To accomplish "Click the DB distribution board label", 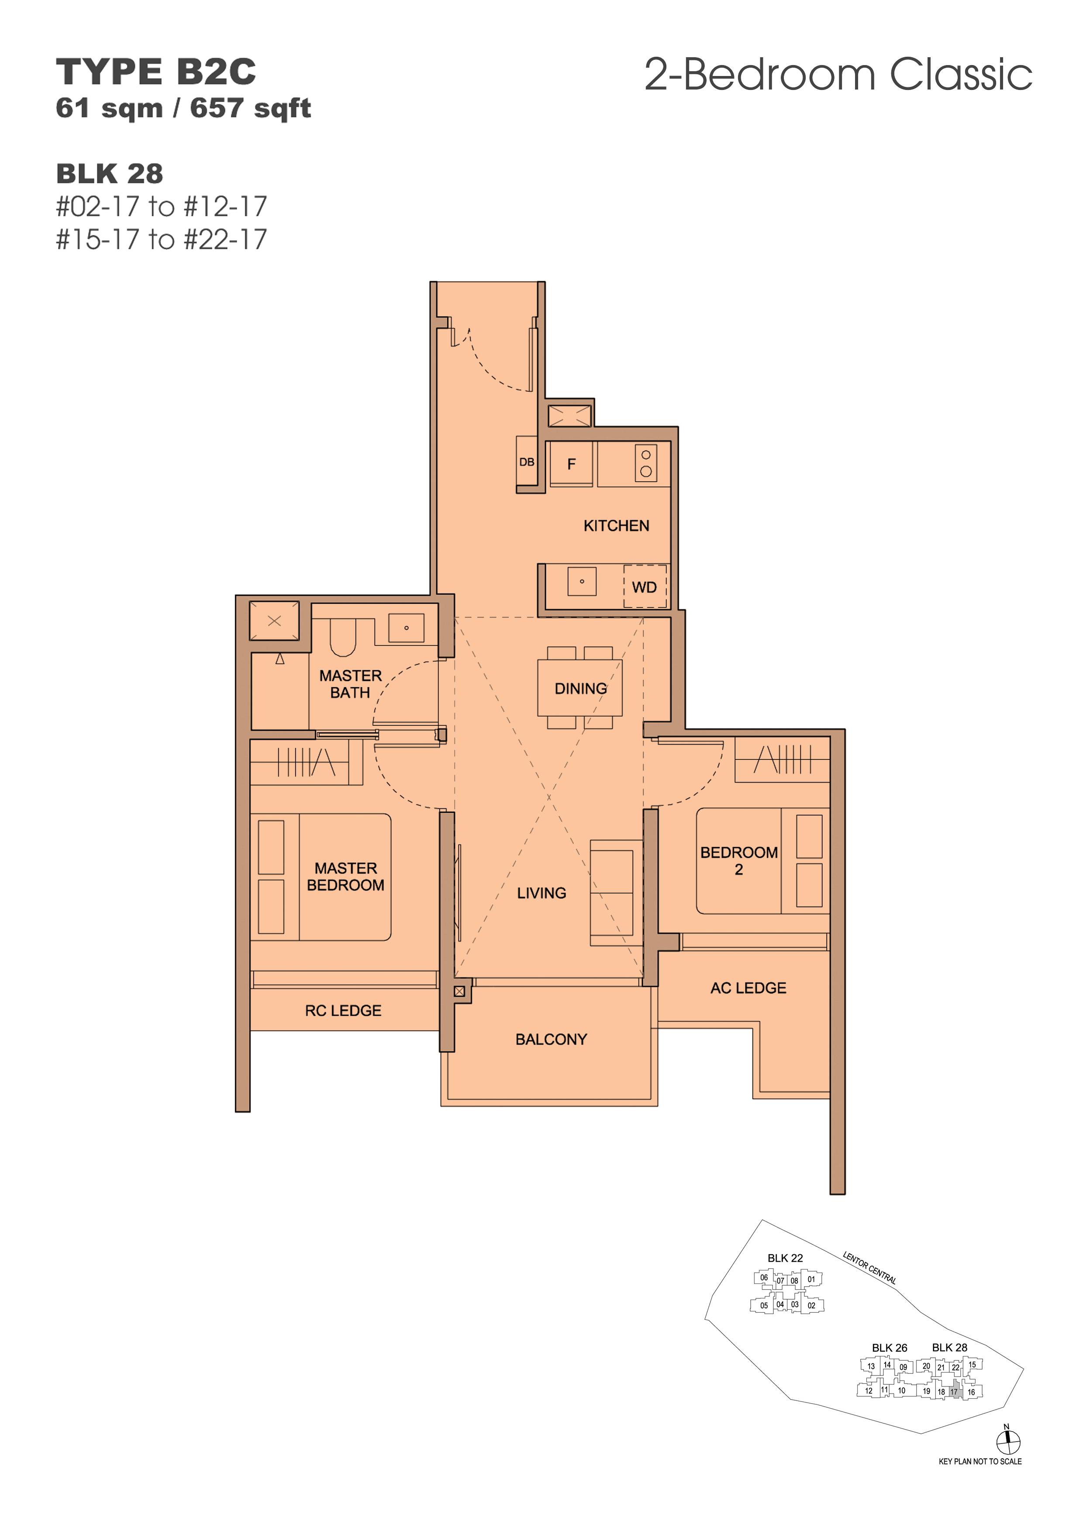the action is [x=527, y=462].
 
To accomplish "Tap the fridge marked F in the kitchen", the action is [x=571, y=464].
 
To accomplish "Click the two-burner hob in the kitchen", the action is [x=646, y=462].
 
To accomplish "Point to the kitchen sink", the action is [x=582, y=581].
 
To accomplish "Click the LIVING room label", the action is [x=541, y=893].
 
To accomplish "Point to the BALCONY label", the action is [x=551, y=1039].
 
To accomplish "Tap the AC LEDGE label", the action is [x=748, y=987].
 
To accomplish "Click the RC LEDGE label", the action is [x=343, y=1010].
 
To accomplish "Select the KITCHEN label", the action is [x=616, y=526].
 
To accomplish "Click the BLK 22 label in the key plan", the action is [x=785, y=1258].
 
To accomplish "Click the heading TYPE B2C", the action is [x=155, y=72].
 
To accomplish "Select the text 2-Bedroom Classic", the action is [x=838, y=74].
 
